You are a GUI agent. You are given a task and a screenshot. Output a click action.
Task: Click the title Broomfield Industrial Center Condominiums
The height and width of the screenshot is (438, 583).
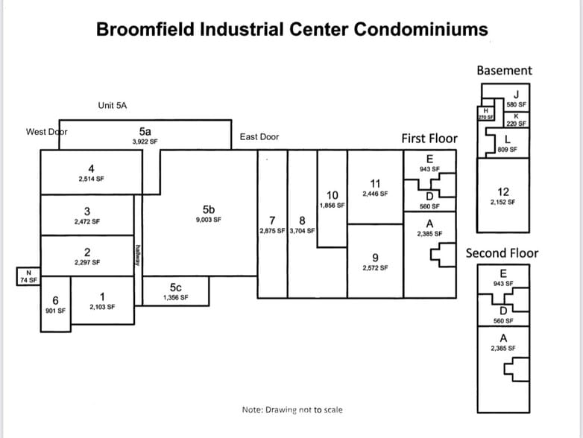[x=292, y=30]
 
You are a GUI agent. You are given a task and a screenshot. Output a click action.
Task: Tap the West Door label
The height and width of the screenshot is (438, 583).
[x=46, y=132]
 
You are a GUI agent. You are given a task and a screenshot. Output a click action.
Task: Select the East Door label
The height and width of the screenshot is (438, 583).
[x=259, y=137]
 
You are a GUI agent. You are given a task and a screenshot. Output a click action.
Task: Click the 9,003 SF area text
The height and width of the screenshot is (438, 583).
[x=208, y=220]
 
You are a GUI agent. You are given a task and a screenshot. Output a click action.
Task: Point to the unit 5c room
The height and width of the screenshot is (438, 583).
[x=176, y=291]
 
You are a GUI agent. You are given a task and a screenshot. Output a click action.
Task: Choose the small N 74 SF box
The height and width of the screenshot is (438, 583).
[x=28, y=276]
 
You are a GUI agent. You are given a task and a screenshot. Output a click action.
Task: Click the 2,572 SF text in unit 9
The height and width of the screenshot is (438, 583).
[x=375, y=268]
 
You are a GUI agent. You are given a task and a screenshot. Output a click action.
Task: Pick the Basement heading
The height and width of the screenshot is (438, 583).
[x=504, y=71]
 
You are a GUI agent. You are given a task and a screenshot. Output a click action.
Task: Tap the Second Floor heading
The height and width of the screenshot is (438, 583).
[x=501, y=253]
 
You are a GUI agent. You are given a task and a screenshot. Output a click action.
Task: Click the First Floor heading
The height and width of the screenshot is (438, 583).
[x=429, y=139]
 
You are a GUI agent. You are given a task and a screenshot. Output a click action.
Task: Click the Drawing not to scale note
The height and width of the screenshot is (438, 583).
[x=292, y=410]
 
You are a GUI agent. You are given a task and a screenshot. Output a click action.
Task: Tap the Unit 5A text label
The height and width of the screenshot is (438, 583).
[x=113, y=106]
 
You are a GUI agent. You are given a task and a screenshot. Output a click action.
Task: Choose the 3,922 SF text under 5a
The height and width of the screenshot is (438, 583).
[x=145, y=141]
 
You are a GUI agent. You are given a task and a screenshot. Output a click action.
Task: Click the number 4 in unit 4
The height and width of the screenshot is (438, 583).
[x=91, y=168]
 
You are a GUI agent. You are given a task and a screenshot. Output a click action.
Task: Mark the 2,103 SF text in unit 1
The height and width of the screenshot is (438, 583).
[x=101, y=306]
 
